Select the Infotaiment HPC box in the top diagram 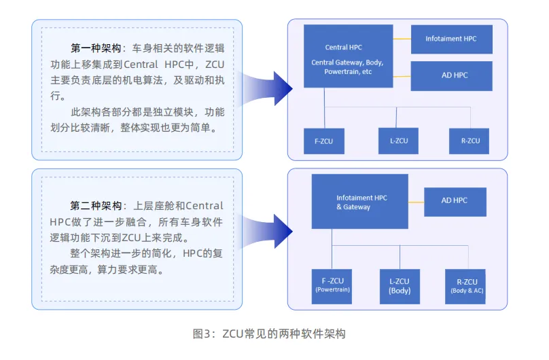pyautogui.click(x=451, y=39)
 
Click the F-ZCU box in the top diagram pyautogui.click(x=323, y=141)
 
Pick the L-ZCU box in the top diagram pyautogui.click(x=398, y=141)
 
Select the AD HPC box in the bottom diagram pyautogui.click(x=455, y=200)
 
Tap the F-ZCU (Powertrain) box pyautogui.click(x=332, y=285)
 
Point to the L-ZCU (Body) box pyautogui.click(x=400, y=285)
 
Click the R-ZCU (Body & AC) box pyautogui.click(x=466, y=285)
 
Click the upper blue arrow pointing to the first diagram pyautogui.click(x=268, y=90)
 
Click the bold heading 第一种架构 pyautogui.click(x=96, y=49)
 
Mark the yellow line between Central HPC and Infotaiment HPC pyautogui.click(x=402, y=39)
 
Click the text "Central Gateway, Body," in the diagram pyautogui.click(x=347, y=62)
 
